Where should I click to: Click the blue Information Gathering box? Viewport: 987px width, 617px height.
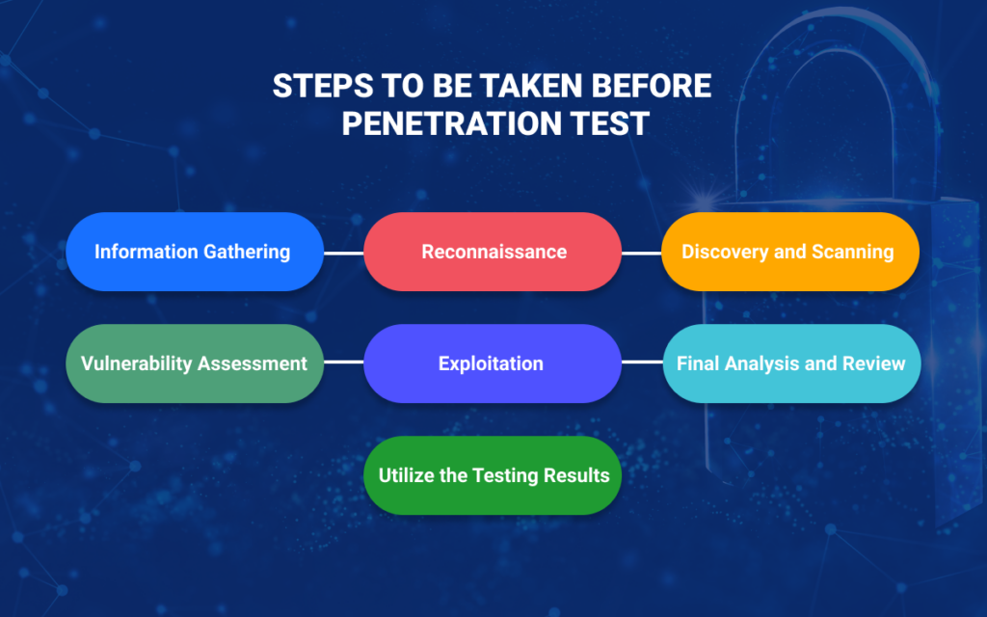[195, 252]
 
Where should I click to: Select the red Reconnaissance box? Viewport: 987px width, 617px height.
[493, 252]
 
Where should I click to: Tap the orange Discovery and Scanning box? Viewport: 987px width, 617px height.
[790, 252]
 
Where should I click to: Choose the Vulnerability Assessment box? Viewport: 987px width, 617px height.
[195, 363]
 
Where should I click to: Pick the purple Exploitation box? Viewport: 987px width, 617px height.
[493, 363]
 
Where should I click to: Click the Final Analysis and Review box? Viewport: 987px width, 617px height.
[791, 363]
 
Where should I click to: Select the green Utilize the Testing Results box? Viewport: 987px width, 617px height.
[493, 475]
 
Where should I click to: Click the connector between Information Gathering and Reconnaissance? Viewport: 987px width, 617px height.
[344, 254]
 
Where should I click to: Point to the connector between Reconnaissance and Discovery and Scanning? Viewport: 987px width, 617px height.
[641, 254]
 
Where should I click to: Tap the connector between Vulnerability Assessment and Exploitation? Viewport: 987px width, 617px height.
[344, 362]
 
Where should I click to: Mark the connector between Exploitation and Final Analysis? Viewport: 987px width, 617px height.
[642, 362]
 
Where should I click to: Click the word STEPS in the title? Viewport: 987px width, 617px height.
[323, 86]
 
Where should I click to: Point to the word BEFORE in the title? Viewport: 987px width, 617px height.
[652, 86]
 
